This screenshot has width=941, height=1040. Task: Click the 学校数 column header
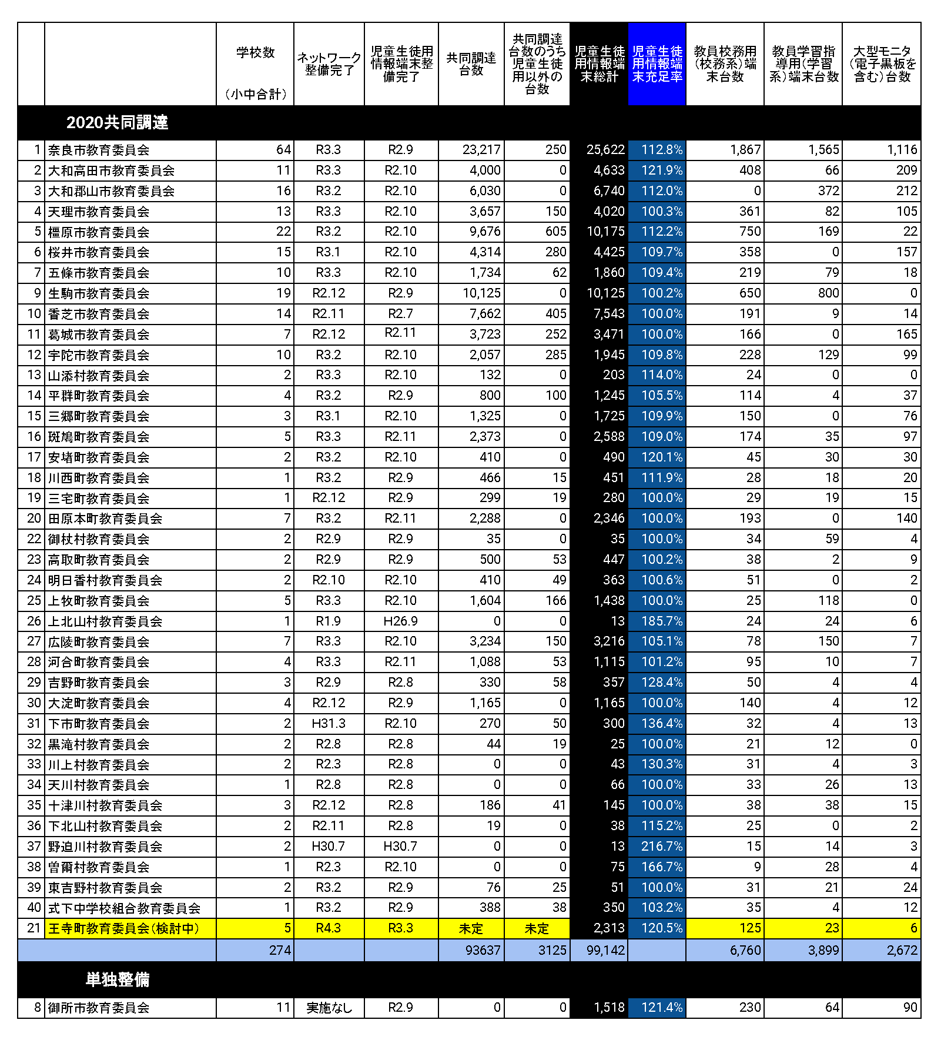pos(255,53)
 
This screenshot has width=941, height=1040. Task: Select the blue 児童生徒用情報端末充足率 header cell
pos(657,64)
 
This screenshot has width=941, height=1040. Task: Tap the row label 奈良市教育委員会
pos(99,150)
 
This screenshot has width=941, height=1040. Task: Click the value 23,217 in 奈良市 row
pos(481,150)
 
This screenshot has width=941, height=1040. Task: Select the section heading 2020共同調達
pos(117,122)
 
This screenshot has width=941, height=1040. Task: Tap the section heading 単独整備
pos(117,979)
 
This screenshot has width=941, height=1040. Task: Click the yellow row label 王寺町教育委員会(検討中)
pos(123,928)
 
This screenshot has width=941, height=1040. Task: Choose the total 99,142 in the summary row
pos(605,951)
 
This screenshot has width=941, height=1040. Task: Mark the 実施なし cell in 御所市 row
pos(329,1008)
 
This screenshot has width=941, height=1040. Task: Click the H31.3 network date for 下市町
pos(329,724)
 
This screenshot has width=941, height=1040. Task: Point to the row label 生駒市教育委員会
pos(99,293)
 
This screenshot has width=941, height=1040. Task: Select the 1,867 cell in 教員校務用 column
pos(745,150)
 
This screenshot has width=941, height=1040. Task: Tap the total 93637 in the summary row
pos(483,951)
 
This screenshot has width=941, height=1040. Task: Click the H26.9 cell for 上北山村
pos(400,621)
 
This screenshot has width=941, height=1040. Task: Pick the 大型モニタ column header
pos(882,64)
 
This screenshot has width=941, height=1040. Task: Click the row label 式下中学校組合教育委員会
pos(124,908)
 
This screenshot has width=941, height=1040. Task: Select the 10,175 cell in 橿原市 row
pos(605,232)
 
